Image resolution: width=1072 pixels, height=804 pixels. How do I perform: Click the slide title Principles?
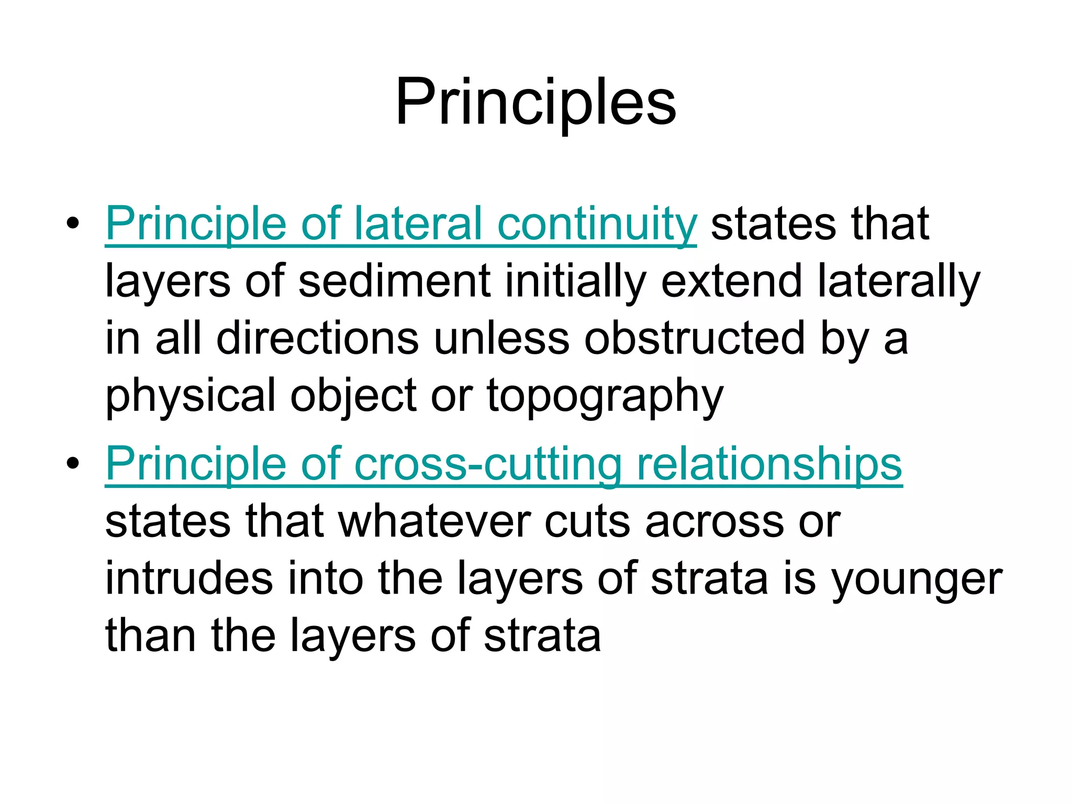[535, 102]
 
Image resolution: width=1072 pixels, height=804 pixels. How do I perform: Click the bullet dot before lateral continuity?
[73, 224]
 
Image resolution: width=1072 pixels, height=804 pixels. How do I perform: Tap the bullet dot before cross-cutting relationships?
[73, 463]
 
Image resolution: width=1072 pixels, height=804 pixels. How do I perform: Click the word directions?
[318, 339]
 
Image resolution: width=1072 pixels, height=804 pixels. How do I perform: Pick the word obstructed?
[695, 339]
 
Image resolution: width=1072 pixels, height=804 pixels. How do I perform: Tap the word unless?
[501, 339]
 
